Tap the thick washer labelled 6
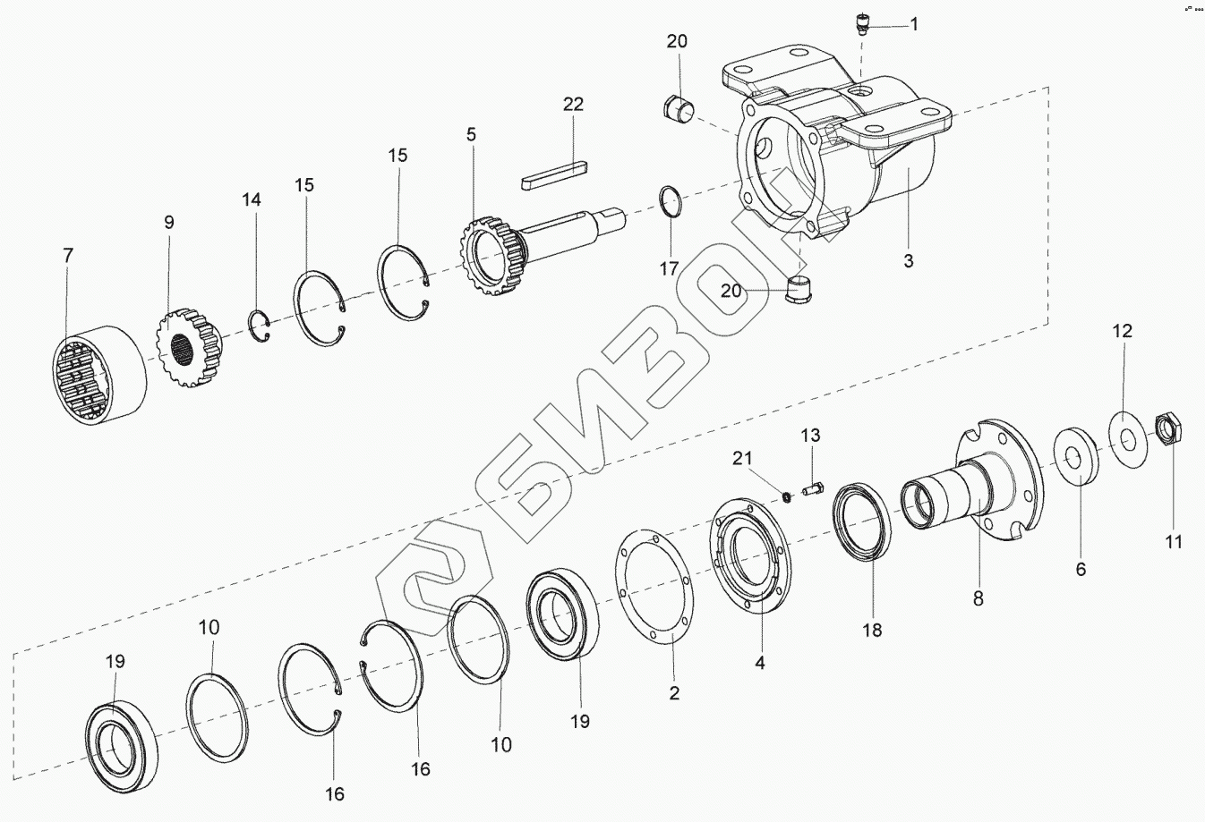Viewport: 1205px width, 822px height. click(1077, 456)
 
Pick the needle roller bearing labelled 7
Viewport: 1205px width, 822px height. click(98, 374)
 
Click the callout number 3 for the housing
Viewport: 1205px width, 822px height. click(908, 261)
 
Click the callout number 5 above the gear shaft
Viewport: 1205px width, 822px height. click(471, 135)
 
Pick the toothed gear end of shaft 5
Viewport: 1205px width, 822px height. click(490, 252)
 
